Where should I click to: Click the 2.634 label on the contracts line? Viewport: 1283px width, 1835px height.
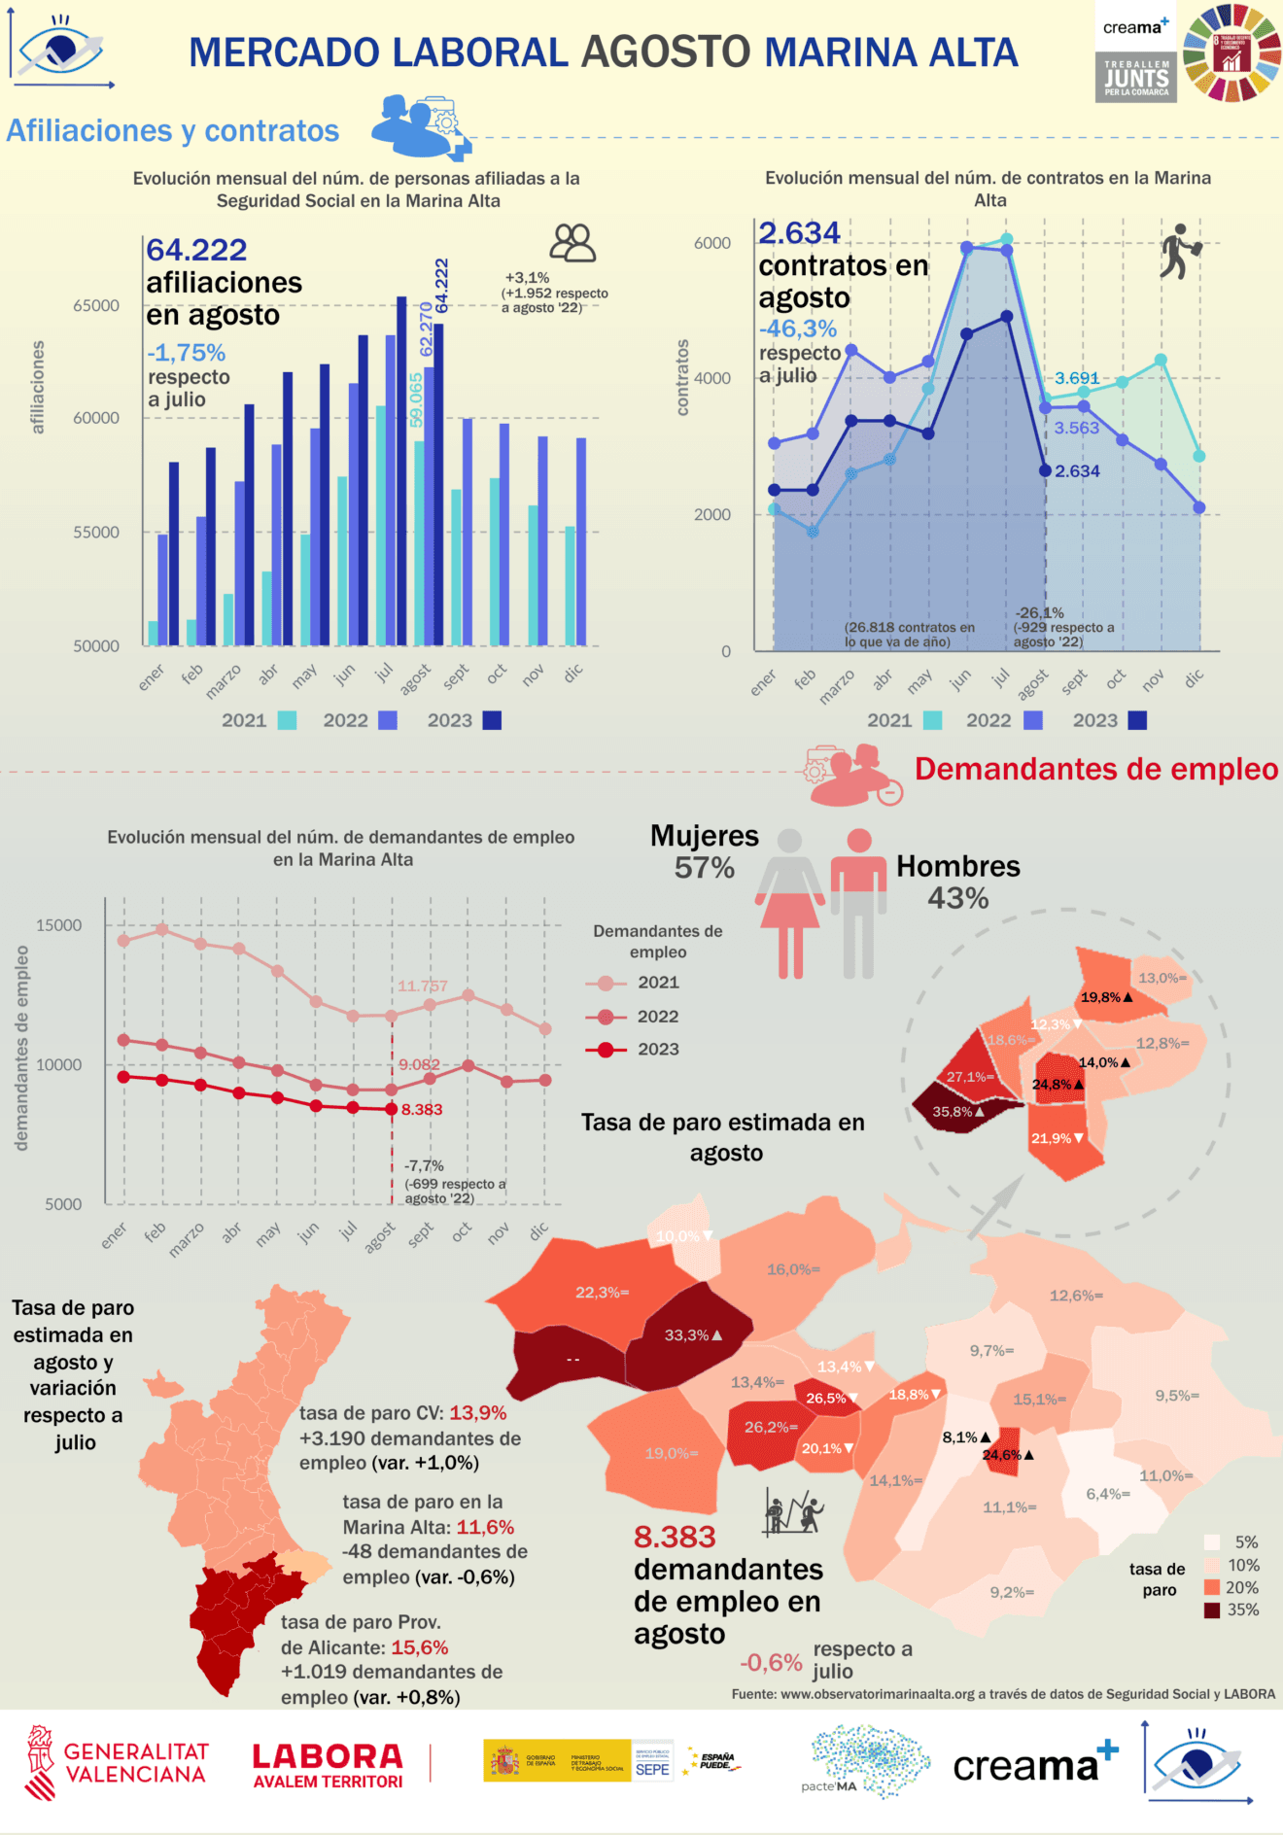pyautogui.click(x=1077, y=471)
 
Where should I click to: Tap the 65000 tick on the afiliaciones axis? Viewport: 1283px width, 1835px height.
pyautogui.click(x=96, y=305)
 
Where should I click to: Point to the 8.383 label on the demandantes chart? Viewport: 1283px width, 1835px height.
pyautogui.click(x=422, y=1109)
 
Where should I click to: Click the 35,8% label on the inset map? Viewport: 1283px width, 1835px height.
pyautogui.click(x=953, y=1112)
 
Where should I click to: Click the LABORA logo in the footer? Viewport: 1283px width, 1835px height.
pyautogui.click(x=328, y=1765)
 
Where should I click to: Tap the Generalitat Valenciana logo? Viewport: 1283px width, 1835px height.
pyautogui.click(x=117, y=1763)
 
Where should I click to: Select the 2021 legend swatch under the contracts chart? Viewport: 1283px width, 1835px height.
pyautogui.click(x=932, y=720)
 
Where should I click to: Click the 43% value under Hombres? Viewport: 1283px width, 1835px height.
pyautogui.click(x=957, y=898)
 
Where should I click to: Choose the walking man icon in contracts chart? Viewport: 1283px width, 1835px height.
pyautogui.click(x=1179, y=252)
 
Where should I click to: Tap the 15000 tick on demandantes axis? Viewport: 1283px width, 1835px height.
pyautogui.click(x=59, y=925)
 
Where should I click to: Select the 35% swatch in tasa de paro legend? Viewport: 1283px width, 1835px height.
pyautogui.click(x=1212, y=1610)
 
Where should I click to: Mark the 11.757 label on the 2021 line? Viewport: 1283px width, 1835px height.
pyautogui.click(x=423, y=986)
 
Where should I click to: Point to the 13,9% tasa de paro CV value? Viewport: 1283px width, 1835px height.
pyautogui.click(x=478, y=1413)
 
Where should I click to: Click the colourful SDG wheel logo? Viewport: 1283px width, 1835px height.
pyautogui.click(x=1231, y=52)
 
